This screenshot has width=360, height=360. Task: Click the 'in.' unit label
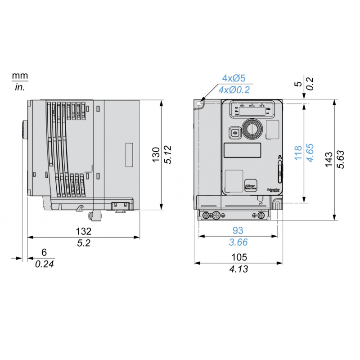point(20,87)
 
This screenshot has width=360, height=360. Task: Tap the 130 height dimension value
point(156,155)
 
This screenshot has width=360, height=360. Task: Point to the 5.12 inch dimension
point(167,155)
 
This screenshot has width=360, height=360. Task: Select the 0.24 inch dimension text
point(45,264)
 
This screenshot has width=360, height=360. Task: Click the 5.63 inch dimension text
point(341,160)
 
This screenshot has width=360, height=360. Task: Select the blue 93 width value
point(238,230)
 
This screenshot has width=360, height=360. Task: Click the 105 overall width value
point(238,257)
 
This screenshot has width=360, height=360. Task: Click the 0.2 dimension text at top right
point(310,83)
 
